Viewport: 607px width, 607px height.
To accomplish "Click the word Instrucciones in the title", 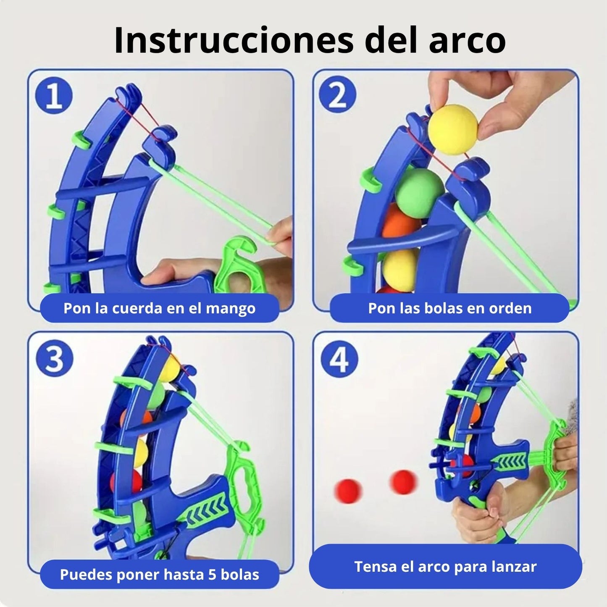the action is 234,41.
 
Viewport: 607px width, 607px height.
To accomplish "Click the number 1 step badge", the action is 54,95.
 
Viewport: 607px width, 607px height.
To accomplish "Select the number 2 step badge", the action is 337,95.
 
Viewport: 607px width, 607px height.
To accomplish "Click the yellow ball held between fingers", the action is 453,129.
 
